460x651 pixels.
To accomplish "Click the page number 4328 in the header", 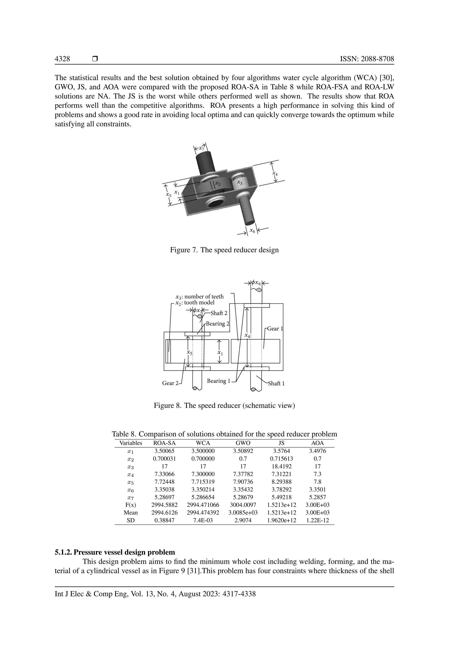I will tap(62, 59).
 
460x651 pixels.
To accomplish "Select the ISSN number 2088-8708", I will tap(367, 59).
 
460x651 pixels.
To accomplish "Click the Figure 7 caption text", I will tap(224, 250).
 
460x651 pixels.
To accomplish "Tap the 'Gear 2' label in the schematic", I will tap(170, 383).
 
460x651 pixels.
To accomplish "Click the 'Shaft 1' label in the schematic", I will tap(276, 383).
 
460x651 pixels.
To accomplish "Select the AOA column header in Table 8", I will tap(318, 443).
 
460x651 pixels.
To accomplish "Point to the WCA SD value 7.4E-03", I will tap(203, 520).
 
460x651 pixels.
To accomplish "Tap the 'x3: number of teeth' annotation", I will tap(199, 297).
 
